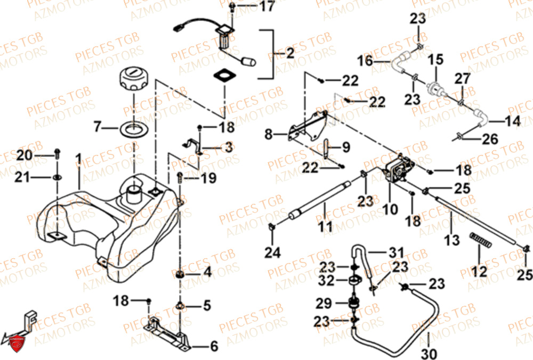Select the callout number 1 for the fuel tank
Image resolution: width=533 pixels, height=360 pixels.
[x=78, y=159]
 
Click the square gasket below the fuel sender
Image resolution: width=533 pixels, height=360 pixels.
[x=224, y=75]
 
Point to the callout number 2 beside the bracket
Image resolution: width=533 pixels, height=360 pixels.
[x=289, y=53]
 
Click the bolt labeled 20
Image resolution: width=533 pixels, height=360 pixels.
[x=58, y=154]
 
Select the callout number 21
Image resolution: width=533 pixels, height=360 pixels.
[x=22, y=177]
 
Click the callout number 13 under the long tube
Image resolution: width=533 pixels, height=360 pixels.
[x=451, y=241]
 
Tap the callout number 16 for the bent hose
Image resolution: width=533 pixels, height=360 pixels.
[x=365, y=62]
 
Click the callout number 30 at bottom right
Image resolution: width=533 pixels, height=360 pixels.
[x=429, y=354]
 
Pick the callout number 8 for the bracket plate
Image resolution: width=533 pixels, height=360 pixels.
[x=268, y=134]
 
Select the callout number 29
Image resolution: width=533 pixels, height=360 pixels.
[x=323, y=304]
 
